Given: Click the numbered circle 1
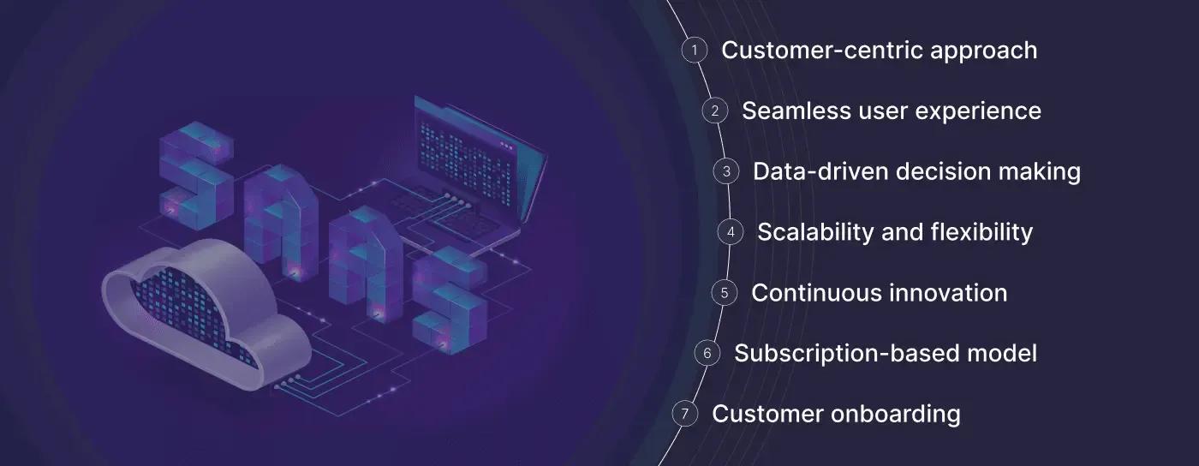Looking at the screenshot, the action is [695, 51].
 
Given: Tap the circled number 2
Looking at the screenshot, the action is [714, 111].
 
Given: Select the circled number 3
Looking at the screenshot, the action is [726, 171].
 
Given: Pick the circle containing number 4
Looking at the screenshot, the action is [731, 232].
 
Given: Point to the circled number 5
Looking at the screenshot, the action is [725, 293].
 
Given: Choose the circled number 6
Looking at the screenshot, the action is [707, 354].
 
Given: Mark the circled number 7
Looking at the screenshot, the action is [684, 414].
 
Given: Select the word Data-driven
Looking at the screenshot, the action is [820, 171].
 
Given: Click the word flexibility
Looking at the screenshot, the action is [981, 233].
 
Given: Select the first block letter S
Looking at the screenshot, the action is [196, 176].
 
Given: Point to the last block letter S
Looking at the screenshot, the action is [450, 300].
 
